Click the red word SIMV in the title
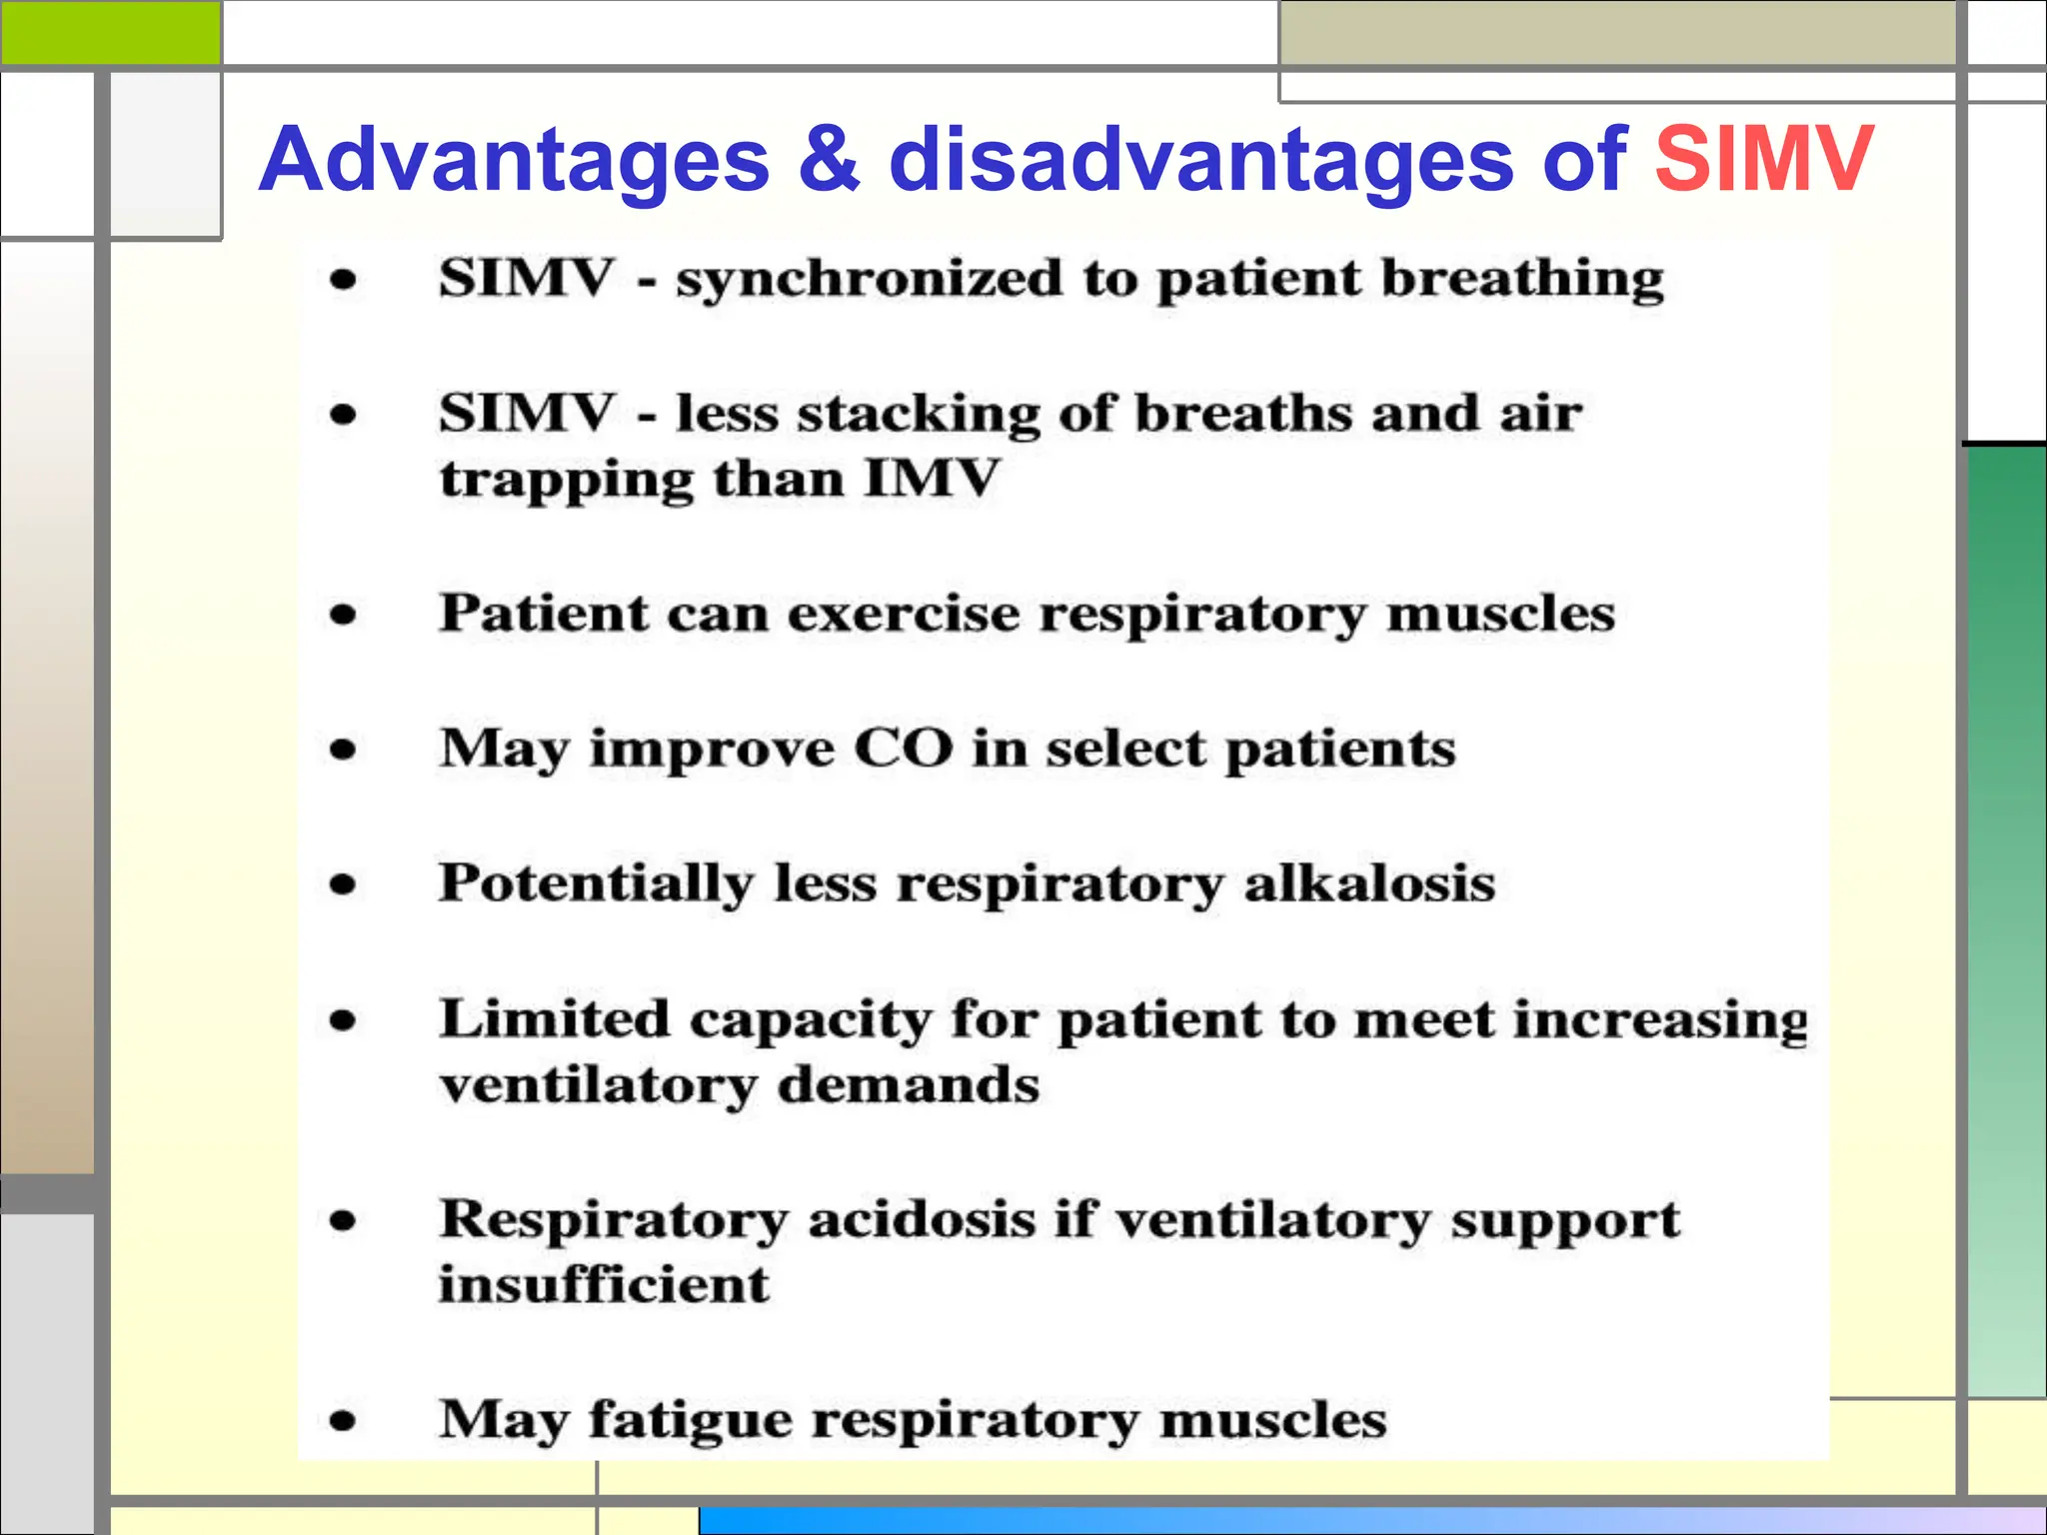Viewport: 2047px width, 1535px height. click(1763, 160)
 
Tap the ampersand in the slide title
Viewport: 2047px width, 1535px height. click(829, 160)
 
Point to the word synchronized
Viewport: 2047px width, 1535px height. click(869, 280)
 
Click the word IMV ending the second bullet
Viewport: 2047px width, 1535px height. click(931, 479)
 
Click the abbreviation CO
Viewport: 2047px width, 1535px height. click(903, 749)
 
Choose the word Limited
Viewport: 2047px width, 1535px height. click(555, 1020)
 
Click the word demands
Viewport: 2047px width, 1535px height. click(909, 1085)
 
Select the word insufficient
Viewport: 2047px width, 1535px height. click(604, 1285)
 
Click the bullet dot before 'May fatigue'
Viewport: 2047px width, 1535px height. click(343, 1420)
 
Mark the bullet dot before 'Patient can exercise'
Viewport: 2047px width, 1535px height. click(343, 614)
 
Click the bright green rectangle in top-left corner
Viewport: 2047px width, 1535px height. click(110, 32)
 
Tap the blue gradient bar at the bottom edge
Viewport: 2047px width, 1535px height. click(1369, 1520)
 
